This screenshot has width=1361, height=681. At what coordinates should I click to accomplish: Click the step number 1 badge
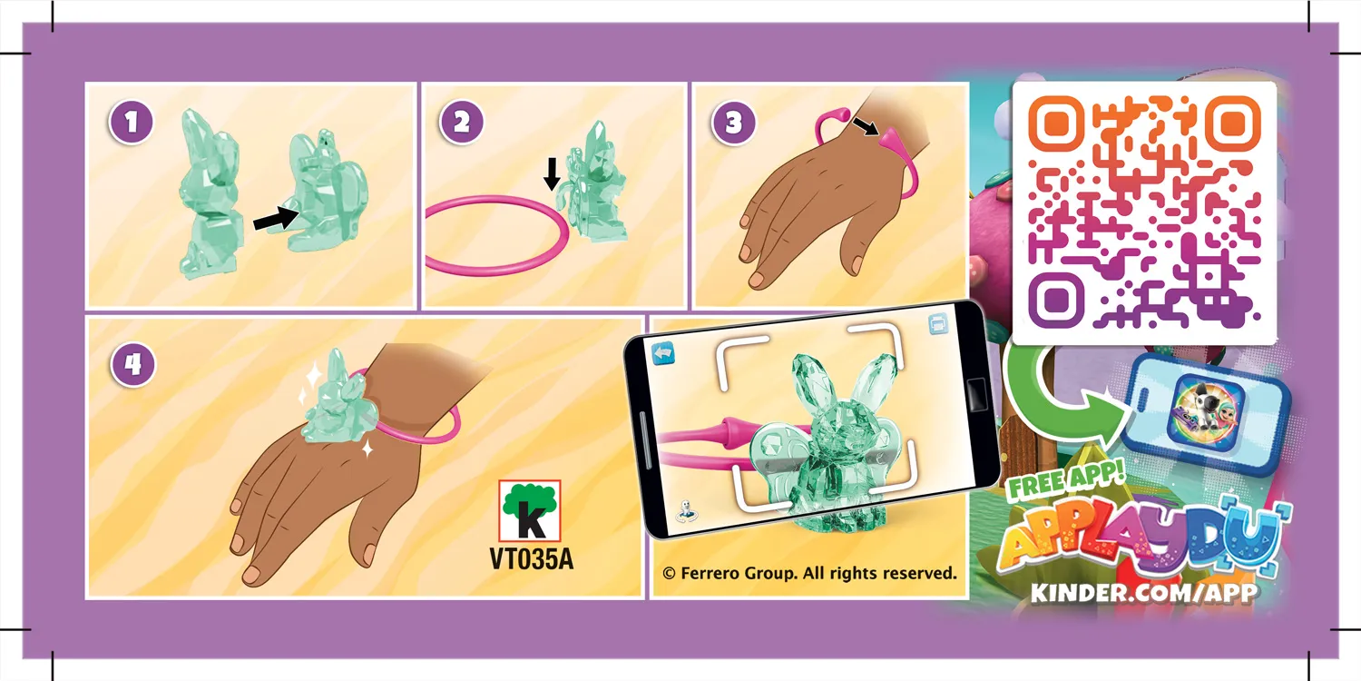point(132,123)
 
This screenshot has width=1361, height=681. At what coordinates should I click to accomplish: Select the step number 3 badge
point(733,123)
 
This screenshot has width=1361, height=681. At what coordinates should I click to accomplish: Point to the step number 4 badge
point(132,364)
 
